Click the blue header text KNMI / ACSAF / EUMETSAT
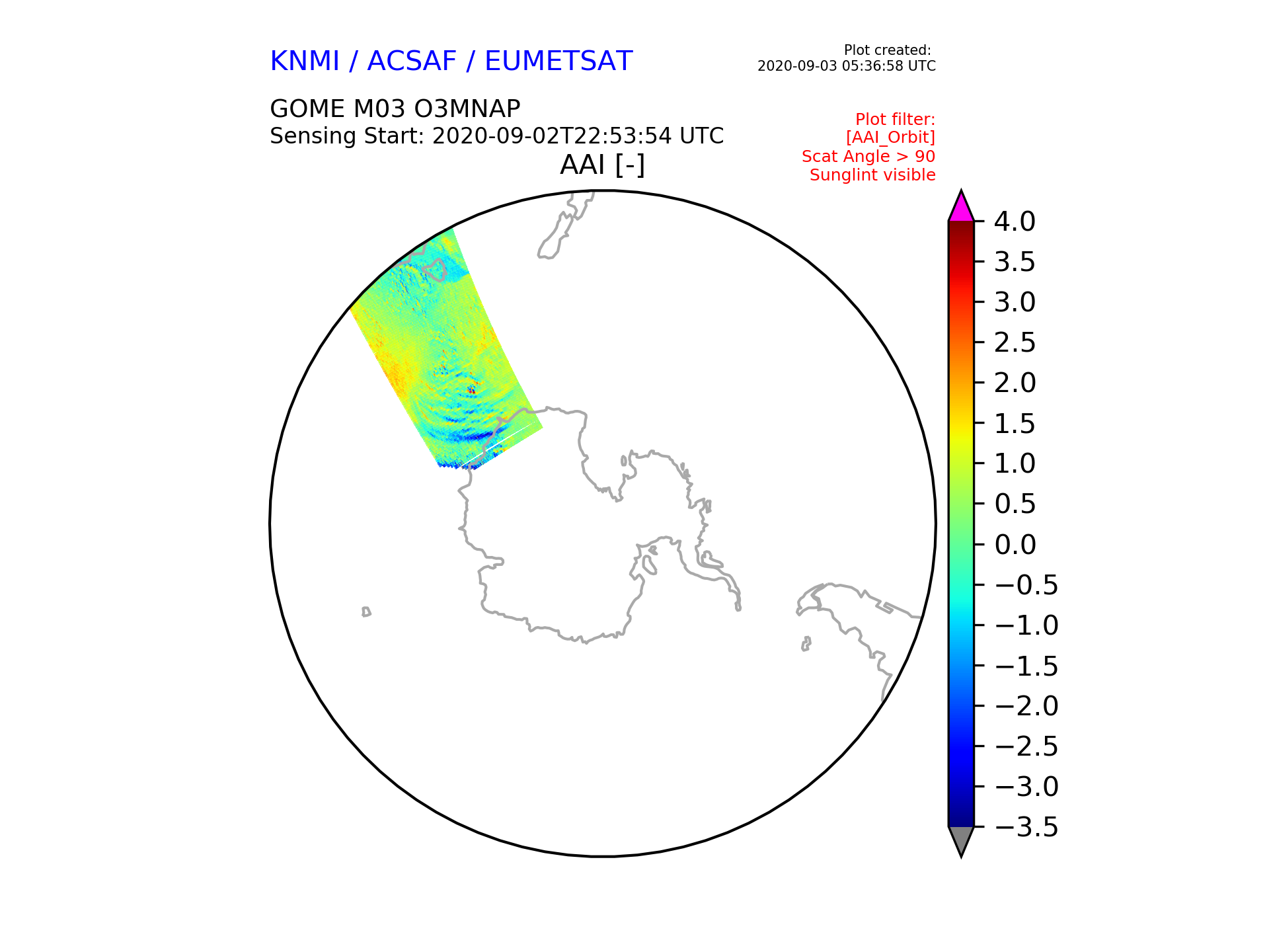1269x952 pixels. click(x=451, y=61)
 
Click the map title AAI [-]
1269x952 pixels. click(x=602, y=165)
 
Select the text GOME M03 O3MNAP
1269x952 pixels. click(x=395, y=108)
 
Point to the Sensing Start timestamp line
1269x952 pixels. click(x=497, y=136)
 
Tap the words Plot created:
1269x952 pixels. click(x=888, y=50)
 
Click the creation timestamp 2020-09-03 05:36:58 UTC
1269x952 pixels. click(x=847, y=66)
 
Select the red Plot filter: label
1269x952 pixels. click(x=896, y=120)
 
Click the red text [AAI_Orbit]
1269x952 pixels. click(x=891, y=138)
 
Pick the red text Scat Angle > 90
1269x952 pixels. click(x=868, y=157)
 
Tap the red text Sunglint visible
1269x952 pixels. click(x=872, y=175)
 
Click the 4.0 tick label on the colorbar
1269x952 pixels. click(x=1015, y=221)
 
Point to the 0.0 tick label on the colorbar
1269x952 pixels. click(x=1015, y=545)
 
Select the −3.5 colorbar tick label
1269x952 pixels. click(x=1026, y=827)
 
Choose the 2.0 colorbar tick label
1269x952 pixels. click(x=1015, y=383)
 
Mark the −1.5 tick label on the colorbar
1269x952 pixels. click(x=1026, y=666)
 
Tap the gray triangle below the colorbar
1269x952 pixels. click(x=961, y=840)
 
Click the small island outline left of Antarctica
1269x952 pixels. click(x=366, y=612)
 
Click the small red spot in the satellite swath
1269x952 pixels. click(x=471, y=390)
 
